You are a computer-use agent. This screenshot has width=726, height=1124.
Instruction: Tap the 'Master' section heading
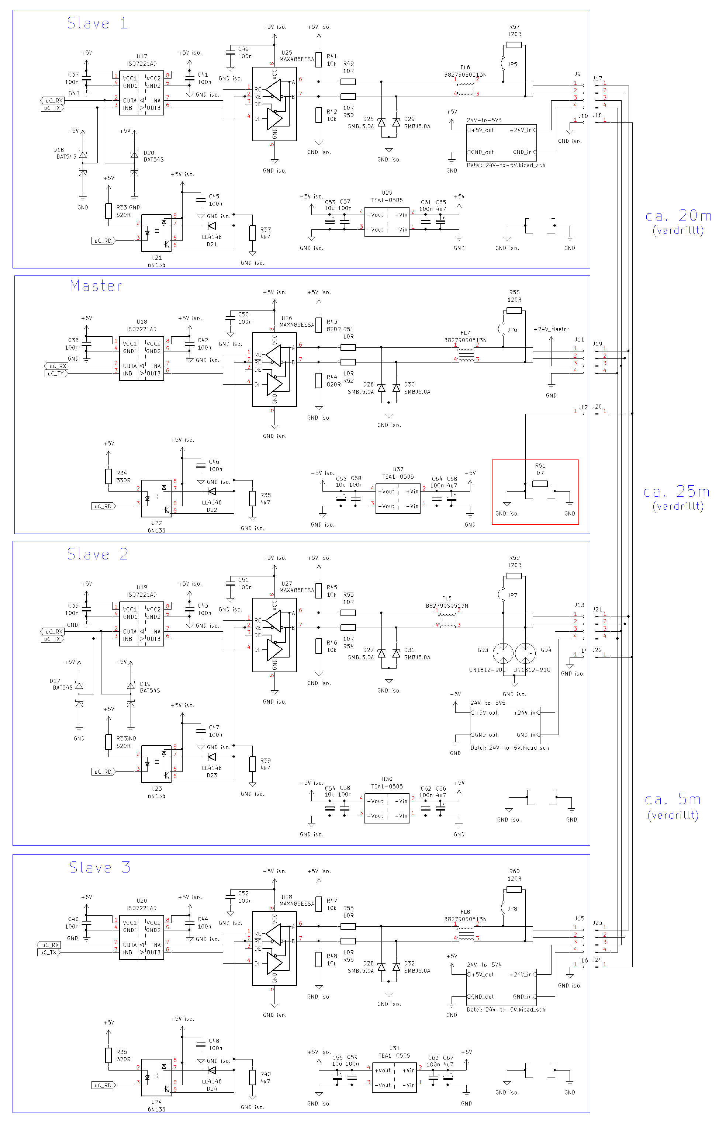96,285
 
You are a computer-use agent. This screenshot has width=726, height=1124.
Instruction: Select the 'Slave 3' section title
100,868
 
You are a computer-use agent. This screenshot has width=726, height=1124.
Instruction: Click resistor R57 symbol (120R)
514,45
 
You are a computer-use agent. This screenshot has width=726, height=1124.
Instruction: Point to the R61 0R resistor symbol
540,483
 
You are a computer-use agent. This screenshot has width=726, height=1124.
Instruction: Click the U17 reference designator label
142,56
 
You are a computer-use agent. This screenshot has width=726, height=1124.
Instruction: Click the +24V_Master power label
551,329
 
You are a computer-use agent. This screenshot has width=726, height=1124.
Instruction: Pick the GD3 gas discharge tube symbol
503,653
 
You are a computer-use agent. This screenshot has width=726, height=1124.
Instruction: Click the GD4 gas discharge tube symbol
525,653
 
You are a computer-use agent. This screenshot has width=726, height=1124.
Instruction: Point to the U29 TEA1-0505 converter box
387,222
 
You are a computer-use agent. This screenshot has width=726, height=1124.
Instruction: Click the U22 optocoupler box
156,498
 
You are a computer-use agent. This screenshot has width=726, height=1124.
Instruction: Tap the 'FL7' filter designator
465,333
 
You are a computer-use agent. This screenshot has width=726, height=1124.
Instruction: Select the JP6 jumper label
512,330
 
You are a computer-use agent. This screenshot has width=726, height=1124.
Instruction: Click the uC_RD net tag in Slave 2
103,771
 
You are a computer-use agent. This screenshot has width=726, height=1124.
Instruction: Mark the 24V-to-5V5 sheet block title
488,702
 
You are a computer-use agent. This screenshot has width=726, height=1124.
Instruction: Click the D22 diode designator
212,510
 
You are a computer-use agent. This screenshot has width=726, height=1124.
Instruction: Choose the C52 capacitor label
243,893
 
